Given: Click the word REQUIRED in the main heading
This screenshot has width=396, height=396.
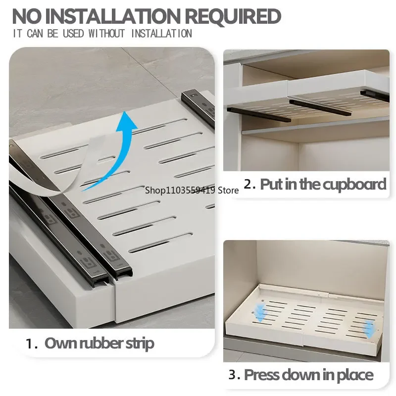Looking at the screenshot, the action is pyautogui.click(x=233, y=16).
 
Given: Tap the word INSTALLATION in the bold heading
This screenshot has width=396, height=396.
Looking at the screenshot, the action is pyautogui.click(x=112, y=16).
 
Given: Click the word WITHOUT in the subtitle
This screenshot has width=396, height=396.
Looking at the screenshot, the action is pyautogui.click(x=106, y=34).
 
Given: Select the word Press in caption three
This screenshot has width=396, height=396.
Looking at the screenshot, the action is pyautogui.click(x=261, y=375).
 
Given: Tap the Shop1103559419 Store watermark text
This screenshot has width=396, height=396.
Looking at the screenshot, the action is pyautogui.click(x=192, y=190).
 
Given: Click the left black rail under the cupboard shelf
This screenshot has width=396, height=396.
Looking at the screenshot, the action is pyautogui.click(x=259, y=115).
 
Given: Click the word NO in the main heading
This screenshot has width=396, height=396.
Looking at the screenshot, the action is pyautogui.click(x=27, y=16).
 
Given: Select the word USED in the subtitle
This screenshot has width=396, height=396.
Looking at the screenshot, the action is pyautogui.click(x=73, y=34).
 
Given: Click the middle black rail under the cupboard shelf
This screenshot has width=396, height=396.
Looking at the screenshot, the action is pyautogui.click(x=320, y=107).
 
